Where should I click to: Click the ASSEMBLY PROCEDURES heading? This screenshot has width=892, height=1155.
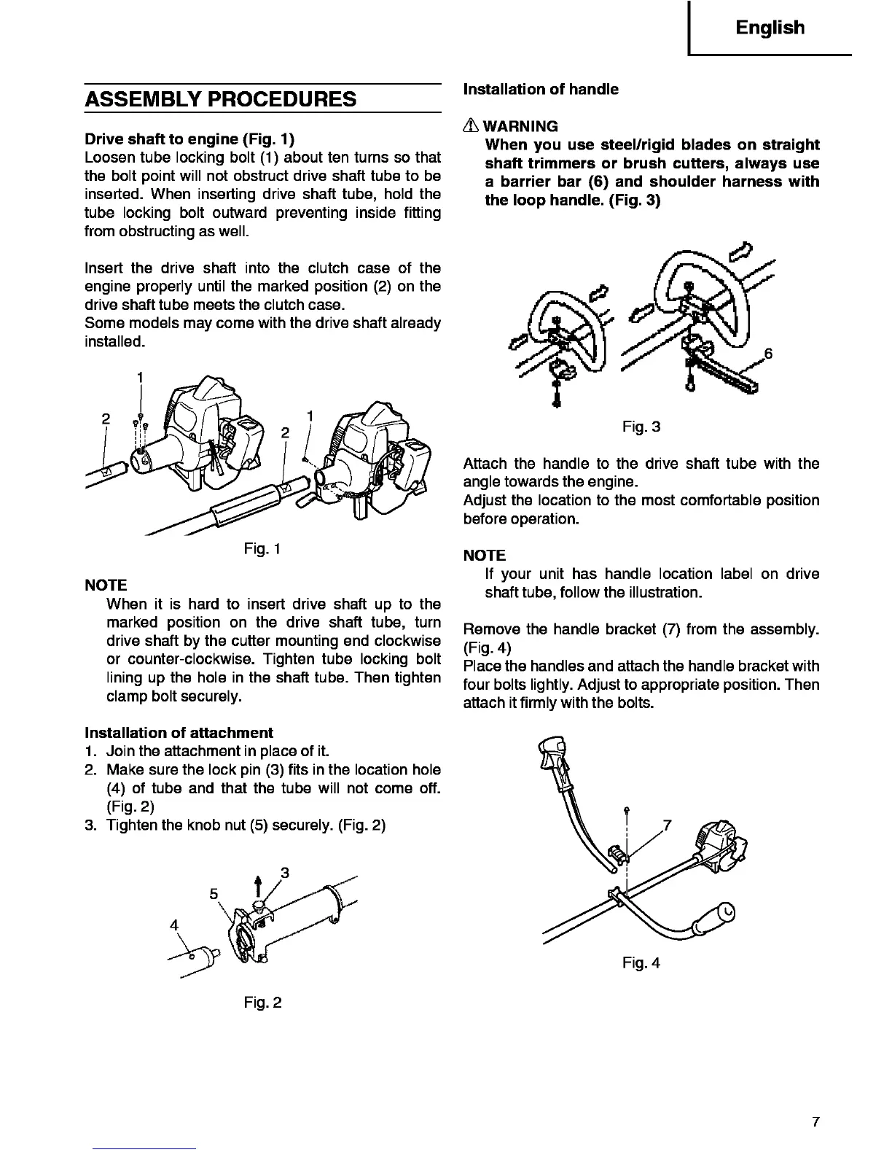(x=221, y=99)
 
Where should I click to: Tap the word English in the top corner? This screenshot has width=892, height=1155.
(x=770, y=28)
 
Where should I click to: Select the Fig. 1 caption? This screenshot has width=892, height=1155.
(x=263, y=549)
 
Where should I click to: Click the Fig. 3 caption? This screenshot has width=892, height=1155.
(x=641, y=427)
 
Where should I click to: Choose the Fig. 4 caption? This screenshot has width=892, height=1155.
(x=641, y=962)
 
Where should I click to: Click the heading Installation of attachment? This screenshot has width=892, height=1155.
(x=179, y=732)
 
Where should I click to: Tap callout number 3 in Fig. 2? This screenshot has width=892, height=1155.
(x=285, y=872)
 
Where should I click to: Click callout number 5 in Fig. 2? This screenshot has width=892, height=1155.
(x=214, y=894)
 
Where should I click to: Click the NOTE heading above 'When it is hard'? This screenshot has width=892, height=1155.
(x=106, y=585)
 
